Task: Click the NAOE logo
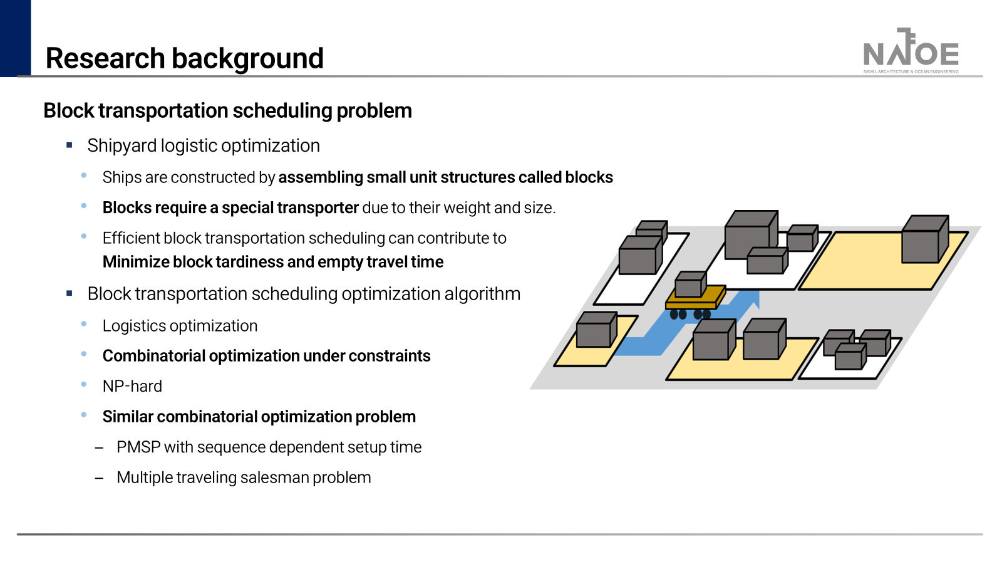point(911,51)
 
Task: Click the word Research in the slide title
point(105,59)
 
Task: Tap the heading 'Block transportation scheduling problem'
point(227,111)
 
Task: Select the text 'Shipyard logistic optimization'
point(204,146)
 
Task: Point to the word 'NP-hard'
point(132,387)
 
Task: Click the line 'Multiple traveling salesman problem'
point(244,478)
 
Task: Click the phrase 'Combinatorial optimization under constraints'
point(266,356)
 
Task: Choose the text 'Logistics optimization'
point(180,326)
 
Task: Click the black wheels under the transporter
point(690,314)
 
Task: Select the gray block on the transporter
point(690,285)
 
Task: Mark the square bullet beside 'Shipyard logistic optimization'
point(70,145)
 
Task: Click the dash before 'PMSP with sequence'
point(99,448)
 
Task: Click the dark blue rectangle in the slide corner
point(15,38)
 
